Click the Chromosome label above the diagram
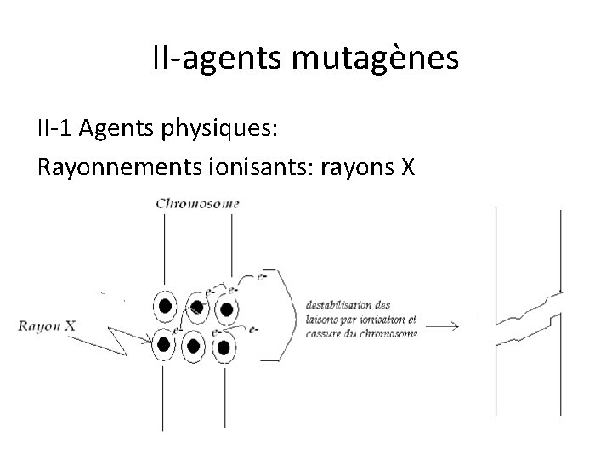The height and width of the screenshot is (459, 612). point(198,204)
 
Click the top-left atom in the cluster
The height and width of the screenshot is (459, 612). point(165,306)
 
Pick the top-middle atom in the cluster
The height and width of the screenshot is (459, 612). point(197,306)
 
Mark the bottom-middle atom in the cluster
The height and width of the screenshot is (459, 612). point(194,346)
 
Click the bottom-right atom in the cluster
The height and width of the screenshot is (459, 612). point(223,347)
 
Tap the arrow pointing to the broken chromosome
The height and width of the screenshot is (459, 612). point(442,324)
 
